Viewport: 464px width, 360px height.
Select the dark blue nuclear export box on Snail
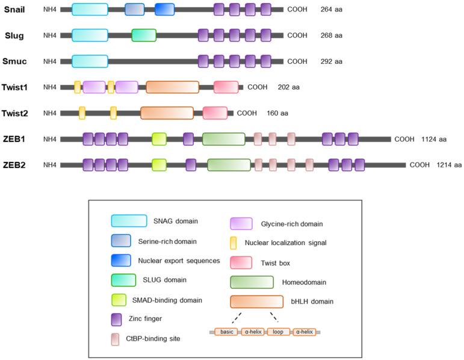point(164,9)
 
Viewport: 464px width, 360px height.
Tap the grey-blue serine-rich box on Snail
point(134,9)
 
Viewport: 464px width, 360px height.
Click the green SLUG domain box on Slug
point(144,36)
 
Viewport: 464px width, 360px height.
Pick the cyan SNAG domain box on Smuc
point(90,61)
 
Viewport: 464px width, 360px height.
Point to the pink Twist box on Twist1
point(226,87)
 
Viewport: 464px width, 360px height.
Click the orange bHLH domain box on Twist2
point(167,113)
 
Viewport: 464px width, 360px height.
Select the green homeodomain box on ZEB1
point(223,139)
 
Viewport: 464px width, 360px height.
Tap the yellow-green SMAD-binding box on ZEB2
point(159,165)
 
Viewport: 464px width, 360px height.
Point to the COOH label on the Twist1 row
point(257,87)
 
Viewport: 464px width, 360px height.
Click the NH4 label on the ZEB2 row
point(50,165)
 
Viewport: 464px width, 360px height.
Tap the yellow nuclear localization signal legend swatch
point(233,243)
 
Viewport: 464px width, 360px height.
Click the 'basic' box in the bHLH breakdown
point(226,332)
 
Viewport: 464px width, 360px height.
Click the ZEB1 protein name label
point(14,139)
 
